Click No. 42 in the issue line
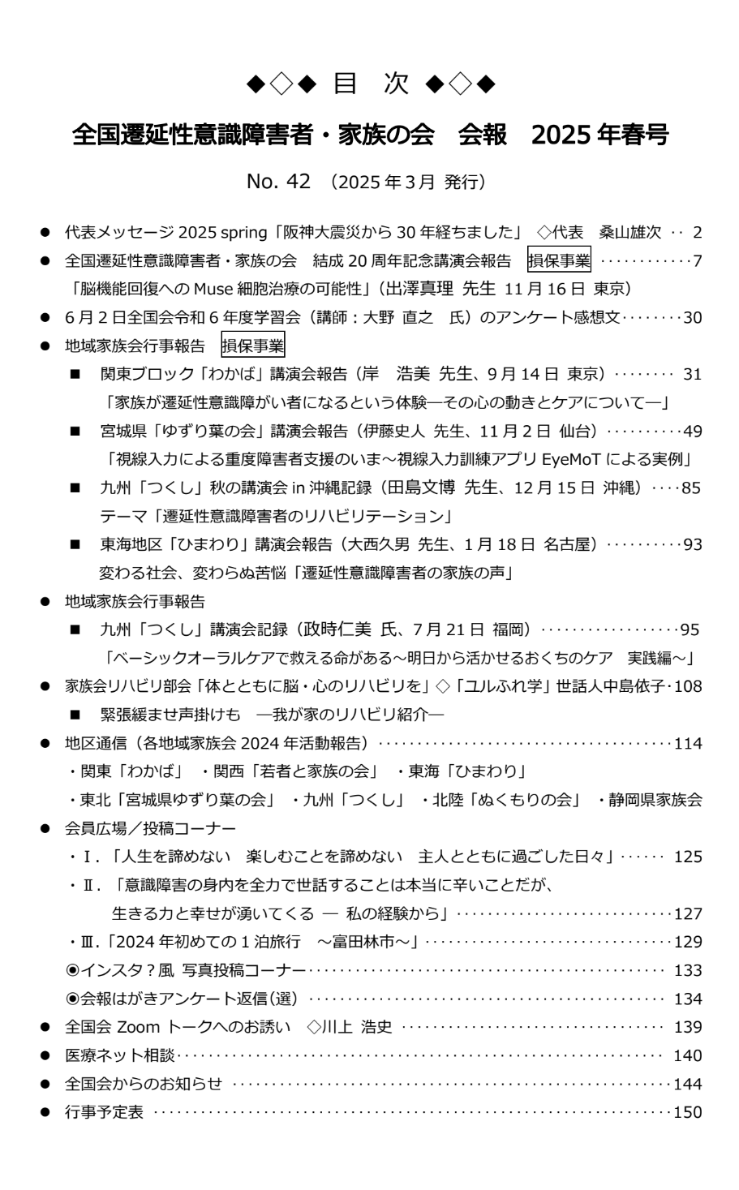coord(278,183)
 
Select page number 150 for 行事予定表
coord(688,1113)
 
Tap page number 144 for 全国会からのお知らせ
coord(688,1085)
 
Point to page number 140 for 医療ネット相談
coord(688,1056)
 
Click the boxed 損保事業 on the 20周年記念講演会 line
coord(560,260)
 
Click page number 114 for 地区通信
coord(688,743)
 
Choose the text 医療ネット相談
coord(120,1056)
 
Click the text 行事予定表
coord(104,1113)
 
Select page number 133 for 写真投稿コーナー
coord(688,970)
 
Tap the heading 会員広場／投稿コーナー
coord(150,828)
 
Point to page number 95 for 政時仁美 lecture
coord(691,629)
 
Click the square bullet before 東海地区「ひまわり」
coord(75,545)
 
